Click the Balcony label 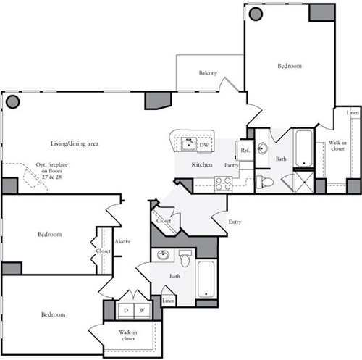208,73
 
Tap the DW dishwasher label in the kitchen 204,145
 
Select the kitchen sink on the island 189,145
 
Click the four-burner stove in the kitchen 223,184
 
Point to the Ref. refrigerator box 245,151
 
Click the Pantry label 232,165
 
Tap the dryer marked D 126,311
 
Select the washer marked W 142,311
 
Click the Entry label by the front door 235,222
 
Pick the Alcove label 122,241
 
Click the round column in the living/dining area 12,101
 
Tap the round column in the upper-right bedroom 256,14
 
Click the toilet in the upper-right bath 265,182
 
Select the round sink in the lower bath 163,254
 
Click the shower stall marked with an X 304,183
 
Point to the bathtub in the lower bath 206,279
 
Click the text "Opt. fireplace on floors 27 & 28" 51,171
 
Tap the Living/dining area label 75,143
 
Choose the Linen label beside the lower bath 168,301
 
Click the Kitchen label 202,164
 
